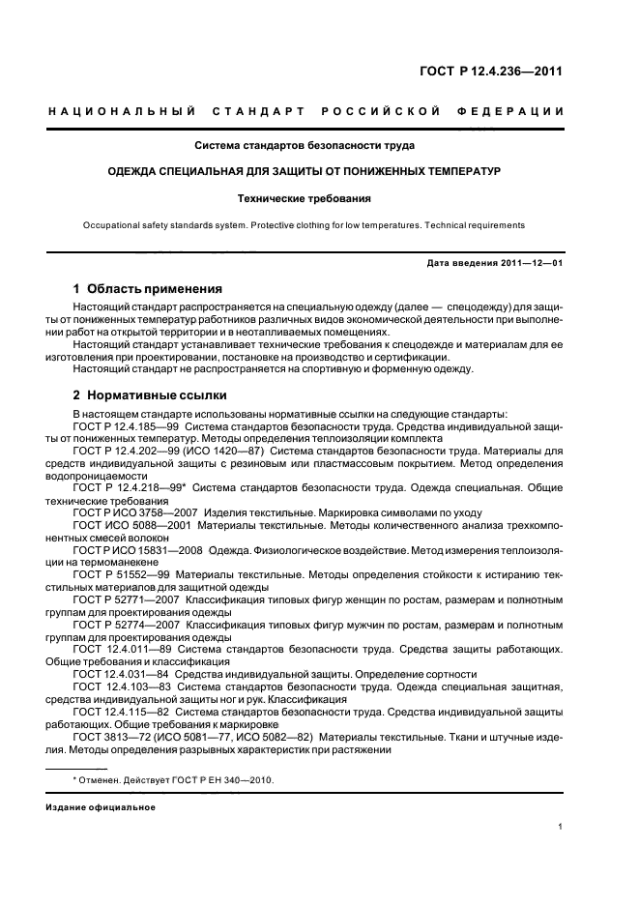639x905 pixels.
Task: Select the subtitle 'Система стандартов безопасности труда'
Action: point(305,147)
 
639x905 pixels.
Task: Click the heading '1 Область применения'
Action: point(148,288)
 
